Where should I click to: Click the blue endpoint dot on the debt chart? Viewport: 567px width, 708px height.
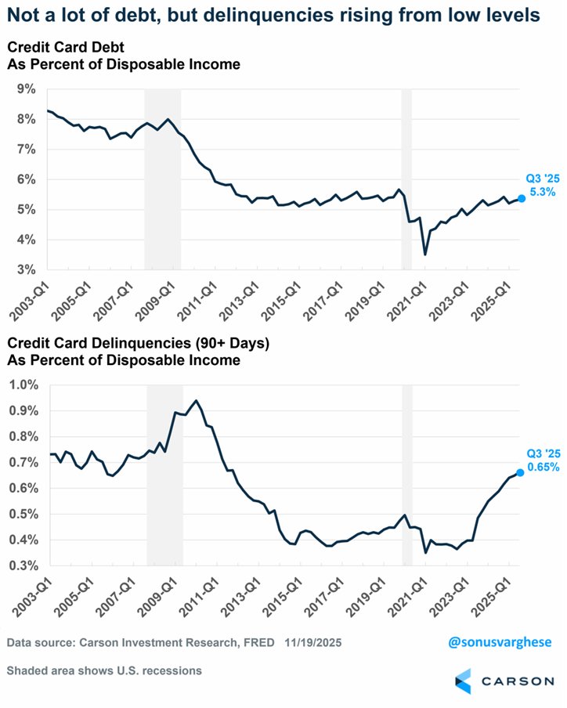(x=522, y=199)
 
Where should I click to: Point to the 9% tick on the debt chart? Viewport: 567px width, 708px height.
(x=26, y=89)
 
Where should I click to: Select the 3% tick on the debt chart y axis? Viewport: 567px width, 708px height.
(x=26, y=269)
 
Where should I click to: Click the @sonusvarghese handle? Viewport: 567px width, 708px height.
(x=500, y=642)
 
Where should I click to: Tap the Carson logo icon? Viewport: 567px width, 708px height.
(x=463, y=680)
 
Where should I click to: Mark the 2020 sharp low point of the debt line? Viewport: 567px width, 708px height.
(x=425, y=255)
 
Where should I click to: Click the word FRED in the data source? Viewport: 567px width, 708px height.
(x=258, y=643)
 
